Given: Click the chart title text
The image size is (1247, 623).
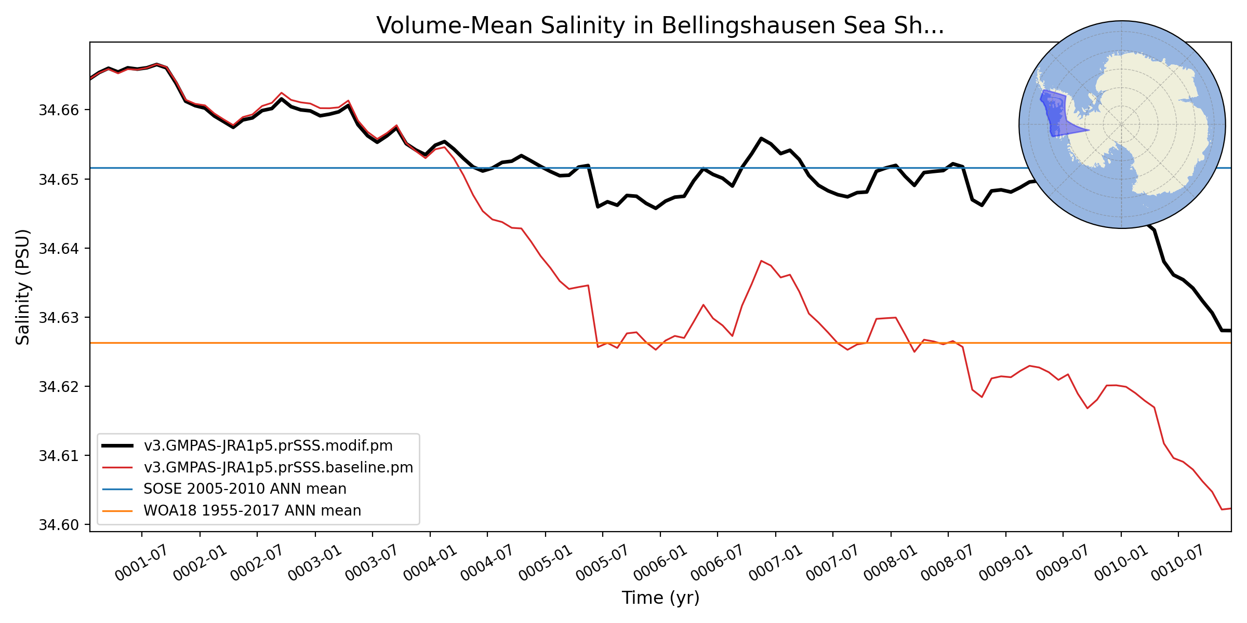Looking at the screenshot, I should coord(660,26).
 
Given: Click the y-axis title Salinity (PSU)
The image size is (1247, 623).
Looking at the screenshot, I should coord(23,287).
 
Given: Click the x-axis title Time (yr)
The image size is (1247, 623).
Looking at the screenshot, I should coord(660,598).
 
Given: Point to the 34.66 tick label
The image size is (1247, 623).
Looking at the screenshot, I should coord(58,110).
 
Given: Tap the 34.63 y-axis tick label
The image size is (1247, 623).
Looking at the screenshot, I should coord(58,317).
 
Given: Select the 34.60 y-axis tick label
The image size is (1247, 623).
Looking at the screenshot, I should coord(58,525).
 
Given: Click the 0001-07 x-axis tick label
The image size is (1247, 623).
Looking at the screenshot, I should coord(141,563).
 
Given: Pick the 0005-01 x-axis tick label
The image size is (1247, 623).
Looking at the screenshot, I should coord(545,563).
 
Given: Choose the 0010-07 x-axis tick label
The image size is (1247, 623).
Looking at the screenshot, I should coord(1177,563).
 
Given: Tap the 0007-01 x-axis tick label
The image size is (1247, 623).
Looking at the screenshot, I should coord(775,563).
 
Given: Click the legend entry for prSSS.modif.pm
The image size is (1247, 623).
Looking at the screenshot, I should coord(268,446).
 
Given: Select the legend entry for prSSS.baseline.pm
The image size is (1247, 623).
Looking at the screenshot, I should coord(278,468).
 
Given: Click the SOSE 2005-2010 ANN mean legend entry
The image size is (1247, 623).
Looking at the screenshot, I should coord(245,489).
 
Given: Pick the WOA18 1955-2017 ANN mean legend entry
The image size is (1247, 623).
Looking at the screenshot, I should coord(252,511).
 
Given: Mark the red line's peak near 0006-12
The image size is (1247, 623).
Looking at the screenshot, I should coord(761,261).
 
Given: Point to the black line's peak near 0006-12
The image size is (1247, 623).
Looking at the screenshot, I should coord(761,138).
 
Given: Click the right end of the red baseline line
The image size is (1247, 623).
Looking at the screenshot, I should coord(1230,508).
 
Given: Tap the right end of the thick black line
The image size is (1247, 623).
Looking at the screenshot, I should coord(1230,330).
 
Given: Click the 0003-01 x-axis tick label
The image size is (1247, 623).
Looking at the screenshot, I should coord(314,563).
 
